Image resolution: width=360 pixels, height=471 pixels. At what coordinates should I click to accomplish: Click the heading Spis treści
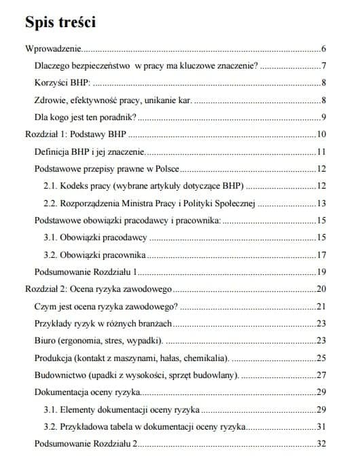coord(60,22)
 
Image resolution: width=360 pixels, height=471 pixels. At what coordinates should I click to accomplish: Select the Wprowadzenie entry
coord(52,50)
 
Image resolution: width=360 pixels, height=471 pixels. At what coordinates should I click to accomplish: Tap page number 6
coord(325,50)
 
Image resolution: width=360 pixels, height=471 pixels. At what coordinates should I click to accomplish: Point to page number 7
coord(325,67)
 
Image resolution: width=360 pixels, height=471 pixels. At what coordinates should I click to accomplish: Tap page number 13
coord(322,203)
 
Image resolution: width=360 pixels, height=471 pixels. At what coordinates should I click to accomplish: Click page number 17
coord(322,255)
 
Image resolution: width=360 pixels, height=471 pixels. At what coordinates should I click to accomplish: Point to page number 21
coord(322,306)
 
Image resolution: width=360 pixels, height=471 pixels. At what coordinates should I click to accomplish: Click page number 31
coord(322,427)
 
